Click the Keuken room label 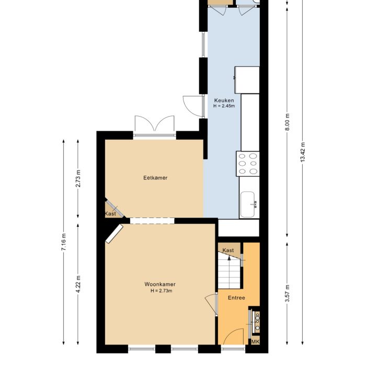pos(224,100)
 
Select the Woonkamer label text pos(160,284)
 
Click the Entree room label pos(236,298)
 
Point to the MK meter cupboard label pos(255,342)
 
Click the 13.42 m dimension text pos(303,152)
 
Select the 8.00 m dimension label pos(288,122)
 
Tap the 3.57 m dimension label pos(288,293)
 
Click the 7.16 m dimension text pos(64,242)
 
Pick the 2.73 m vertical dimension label pos(78,179)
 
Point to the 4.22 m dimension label pos(78,284)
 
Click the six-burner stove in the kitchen pos(248,164)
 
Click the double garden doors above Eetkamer pos(155,125)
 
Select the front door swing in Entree pos(232,336)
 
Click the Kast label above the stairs pos(228,250)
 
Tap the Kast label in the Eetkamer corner pos(110,214)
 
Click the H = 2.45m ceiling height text pos(224,106)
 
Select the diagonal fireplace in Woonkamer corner pos(114,234)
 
